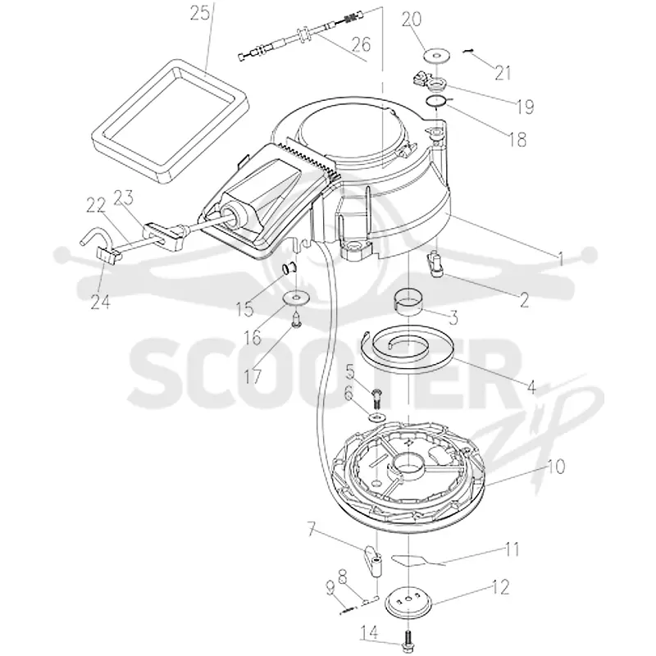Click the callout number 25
(x=199, y=14)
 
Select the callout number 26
(x=361, y=43)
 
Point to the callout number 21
(x=503, y=73)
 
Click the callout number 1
(x=561, y=259)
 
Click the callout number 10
(x=556, y=466)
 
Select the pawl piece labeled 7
(x=374, y=561)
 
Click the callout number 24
(x=100, y=301)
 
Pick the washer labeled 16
(x=297, y=298)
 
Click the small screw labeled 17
(x=296, y=321)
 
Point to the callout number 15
(x=244, y=310)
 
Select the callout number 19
(x=525, y=107)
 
